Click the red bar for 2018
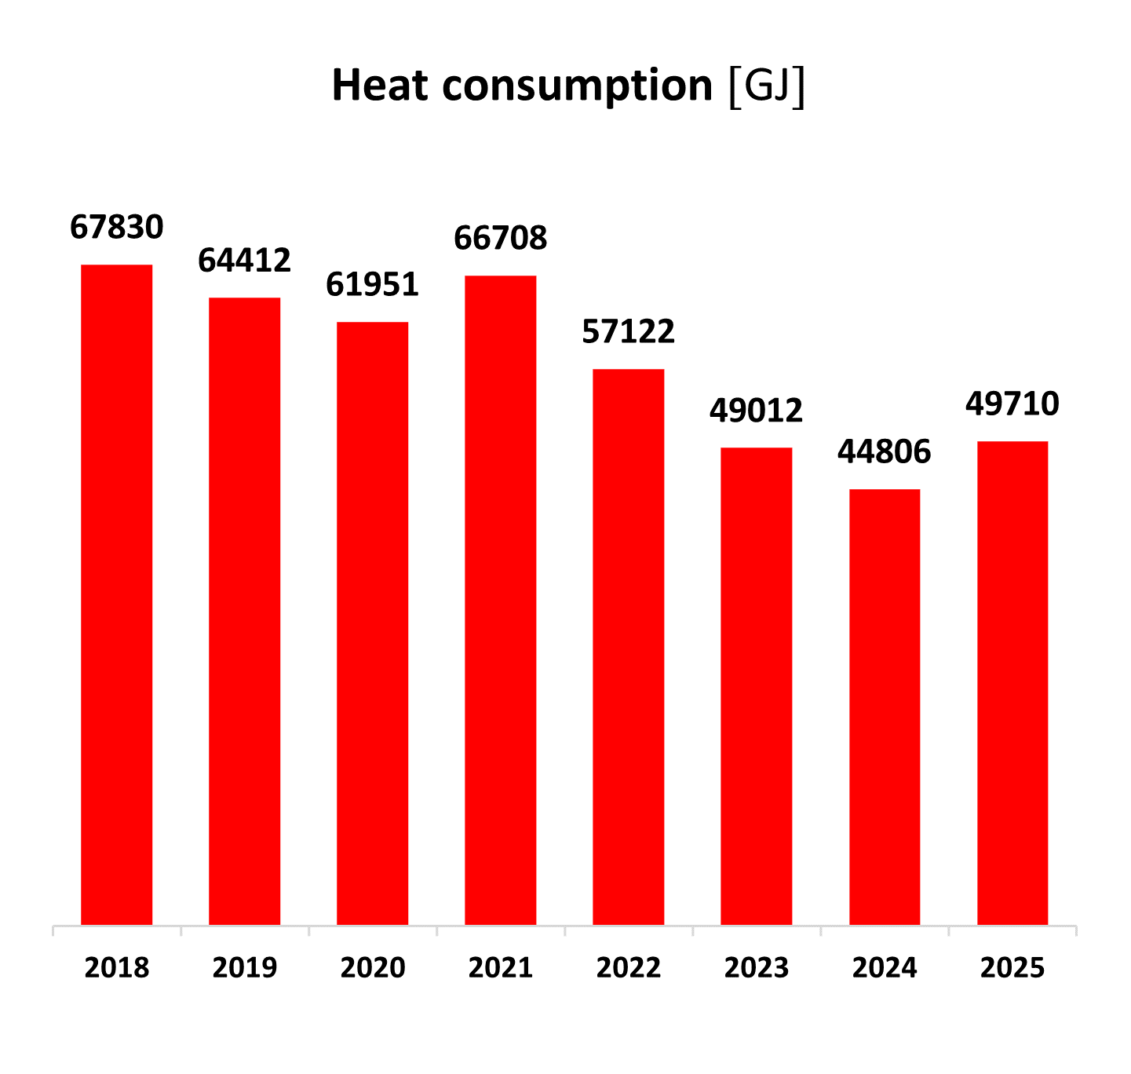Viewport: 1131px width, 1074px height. click(x=117, y=594)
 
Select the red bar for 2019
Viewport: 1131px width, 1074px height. click(x=245, y=611)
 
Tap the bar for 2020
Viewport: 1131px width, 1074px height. click(x=373, y=623)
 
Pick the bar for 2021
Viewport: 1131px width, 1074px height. click(x=501, y=600)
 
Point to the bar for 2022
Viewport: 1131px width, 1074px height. click(x=629, y=647)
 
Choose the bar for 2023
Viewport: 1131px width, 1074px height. click(x=757, y=686)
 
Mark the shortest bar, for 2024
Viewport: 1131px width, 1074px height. click(x=885, y=707)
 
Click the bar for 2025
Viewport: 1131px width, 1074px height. click(x=1012, y=683)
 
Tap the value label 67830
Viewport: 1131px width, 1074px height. click(x=117, y=227)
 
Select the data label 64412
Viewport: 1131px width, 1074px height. click(x=245, y=260)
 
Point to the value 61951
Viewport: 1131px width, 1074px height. click(x=373, y=284)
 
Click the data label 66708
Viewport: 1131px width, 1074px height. click(x=501, y=238)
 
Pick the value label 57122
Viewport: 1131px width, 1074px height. click(x=629, y=331)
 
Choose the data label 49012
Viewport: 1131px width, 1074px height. click(x=757, y=410)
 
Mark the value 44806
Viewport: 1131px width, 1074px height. click(x=885, y=451)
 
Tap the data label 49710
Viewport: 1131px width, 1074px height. click(x=1012, y=404)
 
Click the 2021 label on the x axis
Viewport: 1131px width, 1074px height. click(x=501, y=967)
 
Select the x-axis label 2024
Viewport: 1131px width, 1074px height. click(x=885, y=967)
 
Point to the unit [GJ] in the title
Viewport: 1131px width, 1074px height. click(x=767, y=86)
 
